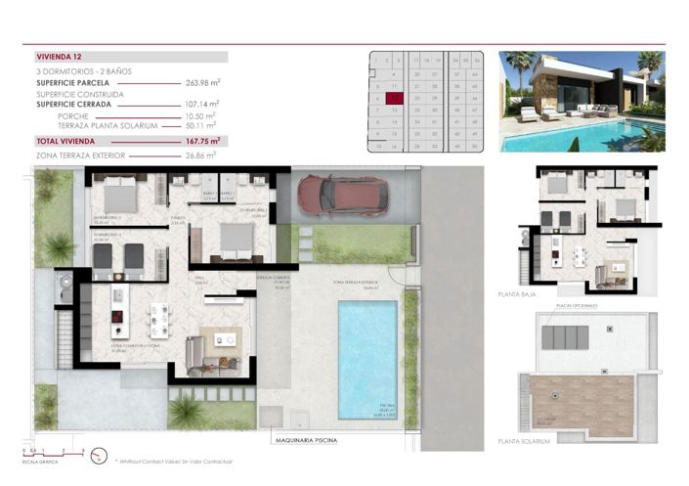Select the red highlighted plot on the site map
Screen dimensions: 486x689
[x=392, y=98]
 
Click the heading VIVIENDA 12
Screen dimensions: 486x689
[x=60, y=58]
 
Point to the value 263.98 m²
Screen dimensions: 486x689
[x=202, y=83]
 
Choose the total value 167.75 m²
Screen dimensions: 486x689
[x=202, y=141]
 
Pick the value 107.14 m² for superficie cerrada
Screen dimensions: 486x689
[x=202, y=103]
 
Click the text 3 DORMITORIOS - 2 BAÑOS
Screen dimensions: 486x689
[x=83, y=72]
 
